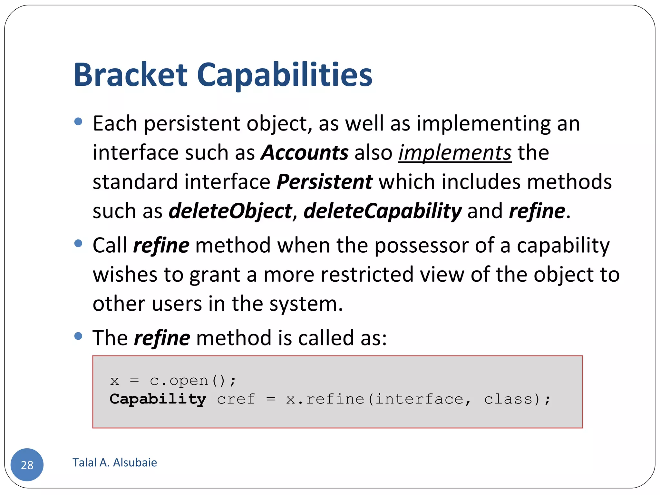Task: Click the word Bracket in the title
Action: coord(131,75)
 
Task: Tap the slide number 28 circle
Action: coord(27,464)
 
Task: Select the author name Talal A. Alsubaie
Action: coord(115,462)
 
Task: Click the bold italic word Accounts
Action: coord(305,152)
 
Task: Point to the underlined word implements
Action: coord(455,152)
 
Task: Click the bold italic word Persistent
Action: coord(325,182)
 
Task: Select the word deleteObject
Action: coord(230,211)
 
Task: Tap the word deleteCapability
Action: coord(383,211)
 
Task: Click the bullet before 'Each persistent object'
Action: coord(78,121)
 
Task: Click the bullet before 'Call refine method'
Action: coord(78,243)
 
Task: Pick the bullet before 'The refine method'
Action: coord(78,336)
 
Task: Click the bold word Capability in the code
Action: coord(158,399)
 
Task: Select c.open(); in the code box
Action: coord(193,381)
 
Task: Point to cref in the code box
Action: coord(236,399)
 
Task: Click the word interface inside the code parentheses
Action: coord(419,399)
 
